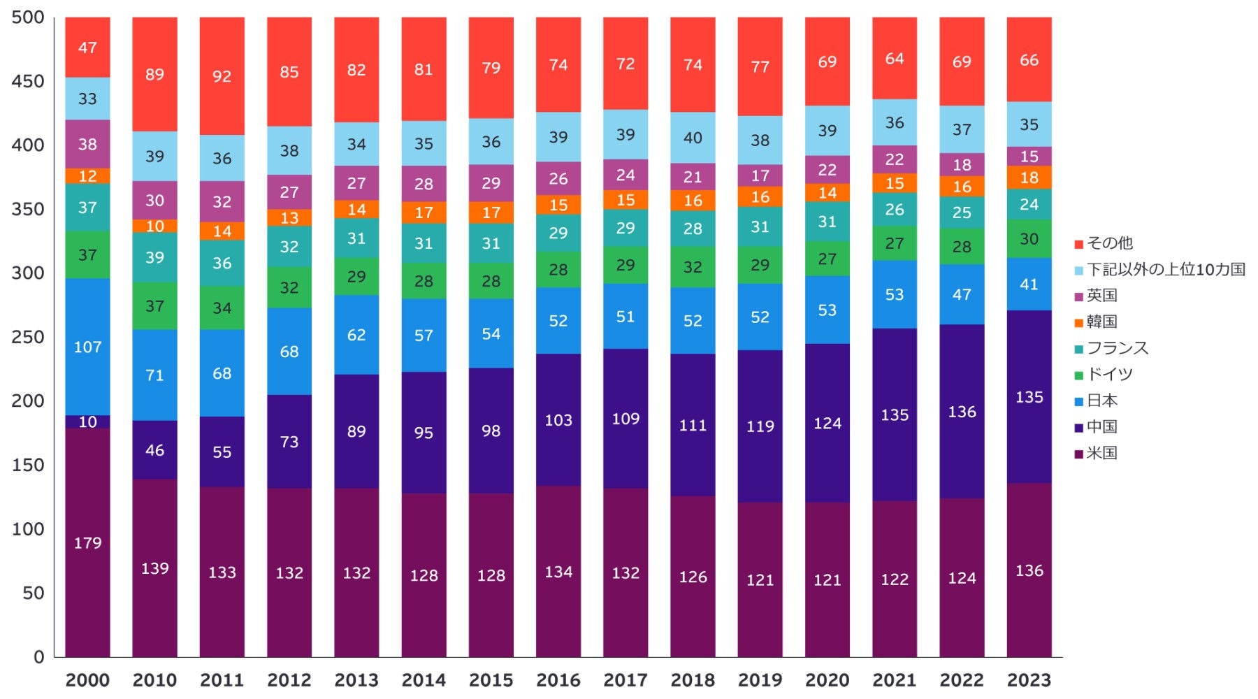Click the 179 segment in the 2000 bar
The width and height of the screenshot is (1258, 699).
click(87, 542)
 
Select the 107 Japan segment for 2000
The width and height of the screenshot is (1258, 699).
click(87, 347)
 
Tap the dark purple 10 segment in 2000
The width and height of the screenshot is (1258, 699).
click(87, 421)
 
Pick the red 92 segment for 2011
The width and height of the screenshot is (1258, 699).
click(222, 75)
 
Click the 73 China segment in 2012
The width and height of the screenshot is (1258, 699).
click(289, 441)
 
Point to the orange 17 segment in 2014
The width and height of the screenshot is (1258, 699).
click(424, 212)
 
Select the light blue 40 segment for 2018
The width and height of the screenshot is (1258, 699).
click(693, 138)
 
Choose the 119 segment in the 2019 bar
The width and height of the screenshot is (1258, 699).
click(760, 426)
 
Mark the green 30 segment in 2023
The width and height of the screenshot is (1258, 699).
click(1029, 239)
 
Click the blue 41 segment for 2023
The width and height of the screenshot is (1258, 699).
click(1029, 284)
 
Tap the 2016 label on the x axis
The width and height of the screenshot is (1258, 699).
click(558, 680)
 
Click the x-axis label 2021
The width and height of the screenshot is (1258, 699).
click(895, 680)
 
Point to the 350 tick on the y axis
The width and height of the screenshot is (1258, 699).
click(28, 209)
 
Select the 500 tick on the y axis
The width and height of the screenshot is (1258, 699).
click(28, 17)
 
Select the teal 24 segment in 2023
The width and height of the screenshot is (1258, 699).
click(1029, 204)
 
